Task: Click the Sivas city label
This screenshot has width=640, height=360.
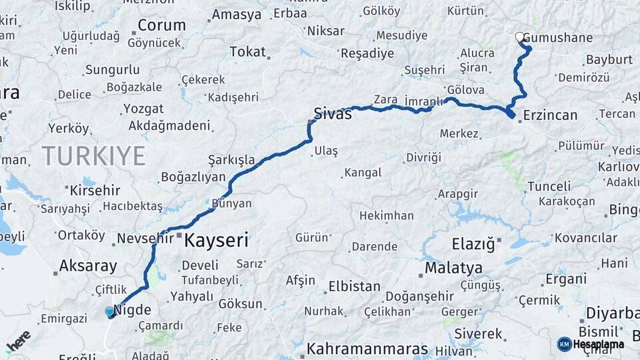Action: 333,113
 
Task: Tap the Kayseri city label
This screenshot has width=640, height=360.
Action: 216,240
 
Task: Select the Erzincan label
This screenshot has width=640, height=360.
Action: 550,115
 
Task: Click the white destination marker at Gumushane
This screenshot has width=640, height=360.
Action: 520,37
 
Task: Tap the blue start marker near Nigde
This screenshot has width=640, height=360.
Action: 110,311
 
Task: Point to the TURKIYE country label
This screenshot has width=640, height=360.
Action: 94,156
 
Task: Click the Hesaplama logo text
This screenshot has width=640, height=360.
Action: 599,344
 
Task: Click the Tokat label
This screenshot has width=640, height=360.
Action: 247,52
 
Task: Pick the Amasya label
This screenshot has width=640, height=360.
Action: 236,15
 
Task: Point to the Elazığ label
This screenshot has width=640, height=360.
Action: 473,245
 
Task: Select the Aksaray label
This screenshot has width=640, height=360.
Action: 87,265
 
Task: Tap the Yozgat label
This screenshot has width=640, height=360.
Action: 143,108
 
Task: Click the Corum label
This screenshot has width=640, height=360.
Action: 161,26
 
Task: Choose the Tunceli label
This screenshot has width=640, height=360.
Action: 549,186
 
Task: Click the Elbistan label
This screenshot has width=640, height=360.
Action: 353,287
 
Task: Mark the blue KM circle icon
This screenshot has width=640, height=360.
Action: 564,344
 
